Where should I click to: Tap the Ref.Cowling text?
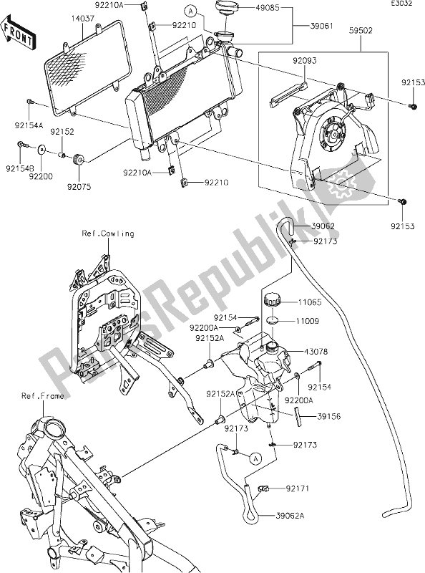[107, 233]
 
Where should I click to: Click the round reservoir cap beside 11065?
[273, 299]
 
